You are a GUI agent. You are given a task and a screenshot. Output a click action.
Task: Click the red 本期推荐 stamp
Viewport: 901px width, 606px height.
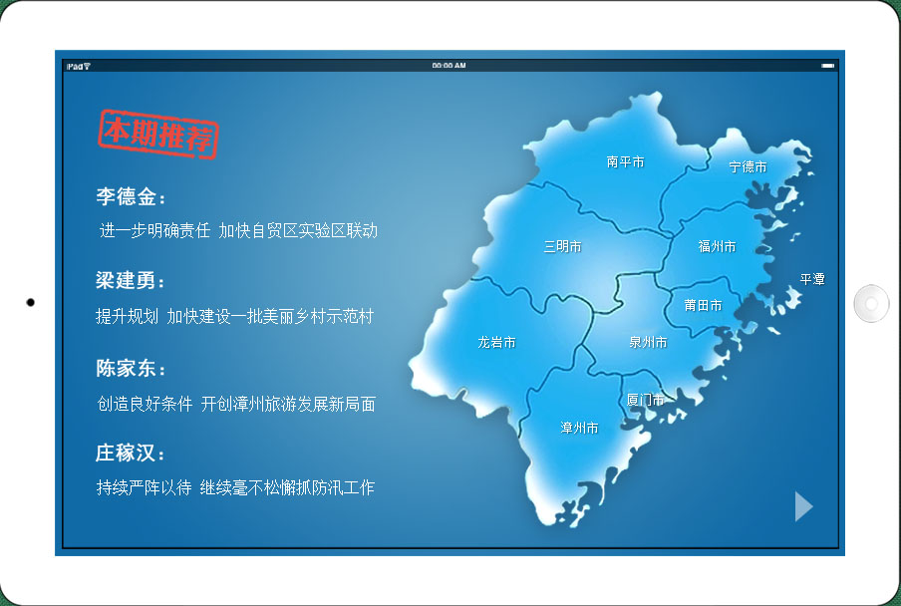pyautogui.click(x=158, y=134)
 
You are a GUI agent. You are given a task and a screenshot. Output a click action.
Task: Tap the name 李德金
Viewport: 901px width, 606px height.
pyautogui.click(x=126, y=197)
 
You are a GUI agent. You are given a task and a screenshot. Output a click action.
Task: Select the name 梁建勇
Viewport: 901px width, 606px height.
pyautogui.click(x=126, y=281)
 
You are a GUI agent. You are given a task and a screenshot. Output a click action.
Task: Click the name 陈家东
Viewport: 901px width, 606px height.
pyautogui.click(x=126, y=368)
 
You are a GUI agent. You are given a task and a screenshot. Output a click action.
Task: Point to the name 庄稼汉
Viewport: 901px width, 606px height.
pyautogui.click(x=126, y=453)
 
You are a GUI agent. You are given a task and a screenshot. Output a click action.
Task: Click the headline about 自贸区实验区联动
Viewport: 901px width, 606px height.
pyautogui.click(x=238, y=231)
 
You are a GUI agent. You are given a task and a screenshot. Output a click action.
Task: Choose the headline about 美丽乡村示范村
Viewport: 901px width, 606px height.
pyautogui.click(x=235, y=317)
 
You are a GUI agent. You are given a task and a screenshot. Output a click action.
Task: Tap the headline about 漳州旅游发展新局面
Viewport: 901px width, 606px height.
pyautogui.click(x=236, y=405)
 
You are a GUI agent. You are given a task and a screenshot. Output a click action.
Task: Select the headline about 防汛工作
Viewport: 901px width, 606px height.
pyautogui.click(x=235, y=487)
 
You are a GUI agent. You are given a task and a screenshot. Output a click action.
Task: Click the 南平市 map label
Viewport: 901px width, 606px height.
pyautogui.click(x=625, y=162)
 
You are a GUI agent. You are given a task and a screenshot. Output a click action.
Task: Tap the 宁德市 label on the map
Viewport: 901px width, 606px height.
pyautogui.click(x=748, y=167)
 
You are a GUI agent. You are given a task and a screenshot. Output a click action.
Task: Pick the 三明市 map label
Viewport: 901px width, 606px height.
pyautogui.click(x=562, y=246)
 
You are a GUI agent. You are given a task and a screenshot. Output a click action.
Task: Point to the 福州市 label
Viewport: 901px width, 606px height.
pyautogui.click(x=717, y=246)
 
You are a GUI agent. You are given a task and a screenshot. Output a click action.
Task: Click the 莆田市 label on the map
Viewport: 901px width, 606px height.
pyautogui.click(x=703, y=305)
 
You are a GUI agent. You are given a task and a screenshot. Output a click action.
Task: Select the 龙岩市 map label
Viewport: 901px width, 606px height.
pyautogui.click(x=496, y=342)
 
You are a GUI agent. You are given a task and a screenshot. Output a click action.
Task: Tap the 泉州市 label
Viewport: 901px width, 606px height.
pyautogui.click(x=648, y=342)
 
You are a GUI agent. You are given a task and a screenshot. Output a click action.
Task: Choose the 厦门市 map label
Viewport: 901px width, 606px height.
pyautogui.click(x=645, y=400)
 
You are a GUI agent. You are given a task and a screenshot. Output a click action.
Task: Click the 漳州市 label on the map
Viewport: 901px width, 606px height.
pyautogui.click(x=579, y=428)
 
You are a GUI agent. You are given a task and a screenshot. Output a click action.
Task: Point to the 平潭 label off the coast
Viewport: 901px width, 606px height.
pyautogui.click(x=812, y=280)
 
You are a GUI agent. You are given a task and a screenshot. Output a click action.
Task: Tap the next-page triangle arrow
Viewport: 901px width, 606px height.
pyautogui.click(x=804, y=506)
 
